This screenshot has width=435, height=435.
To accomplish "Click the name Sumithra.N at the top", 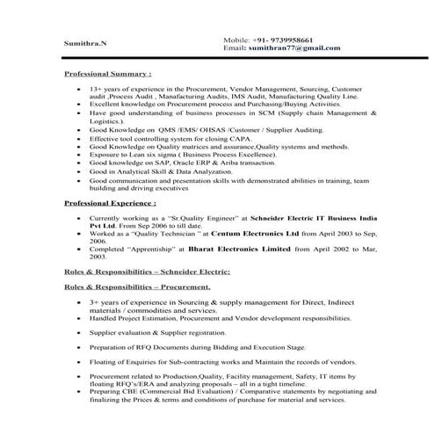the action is tap(83, 42).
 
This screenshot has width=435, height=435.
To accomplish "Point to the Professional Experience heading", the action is tap(112, 203).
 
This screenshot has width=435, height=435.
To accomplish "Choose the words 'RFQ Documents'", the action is tap(167, 348).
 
